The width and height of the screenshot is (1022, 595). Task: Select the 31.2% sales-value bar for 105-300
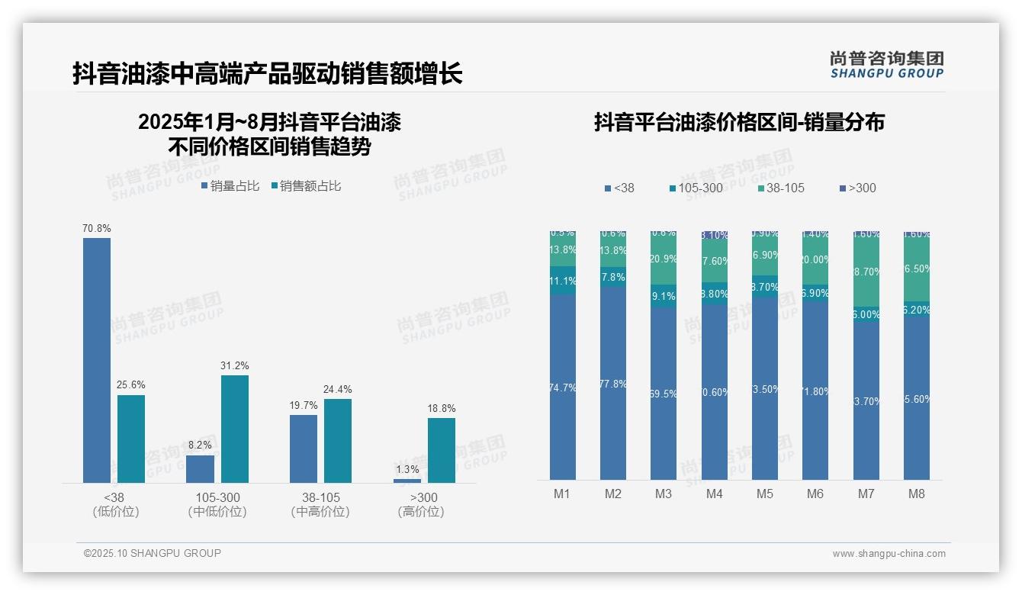click(235, 429)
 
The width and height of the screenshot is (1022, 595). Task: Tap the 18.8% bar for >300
click(441, 450)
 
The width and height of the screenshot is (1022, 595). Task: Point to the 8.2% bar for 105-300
click(201, 468)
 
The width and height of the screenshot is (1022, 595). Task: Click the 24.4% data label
click(337, 390)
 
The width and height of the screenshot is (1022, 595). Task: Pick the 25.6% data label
click(131, 385)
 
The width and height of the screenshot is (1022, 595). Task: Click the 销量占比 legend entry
click(230, 186)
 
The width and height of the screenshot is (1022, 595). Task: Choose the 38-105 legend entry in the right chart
click(781, 188)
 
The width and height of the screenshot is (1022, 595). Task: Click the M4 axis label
click(714, 494)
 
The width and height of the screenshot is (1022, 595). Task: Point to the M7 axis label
click(866, 494)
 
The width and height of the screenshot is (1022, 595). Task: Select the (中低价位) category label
click(217, 512)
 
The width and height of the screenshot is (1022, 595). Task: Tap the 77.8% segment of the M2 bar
click(613, 384)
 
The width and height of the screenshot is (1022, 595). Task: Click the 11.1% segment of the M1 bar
click(562, 281)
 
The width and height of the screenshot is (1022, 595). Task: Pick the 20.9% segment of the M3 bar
click(664, 259)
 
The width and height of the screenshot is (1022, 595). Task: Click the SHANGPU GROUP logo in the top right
click(886, 65)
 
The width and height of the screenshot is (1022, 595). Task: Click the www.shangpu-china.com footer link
click(889, 554)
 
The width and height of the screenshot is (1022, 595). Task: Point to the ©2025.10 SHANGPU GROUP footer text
click(152, 553)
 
